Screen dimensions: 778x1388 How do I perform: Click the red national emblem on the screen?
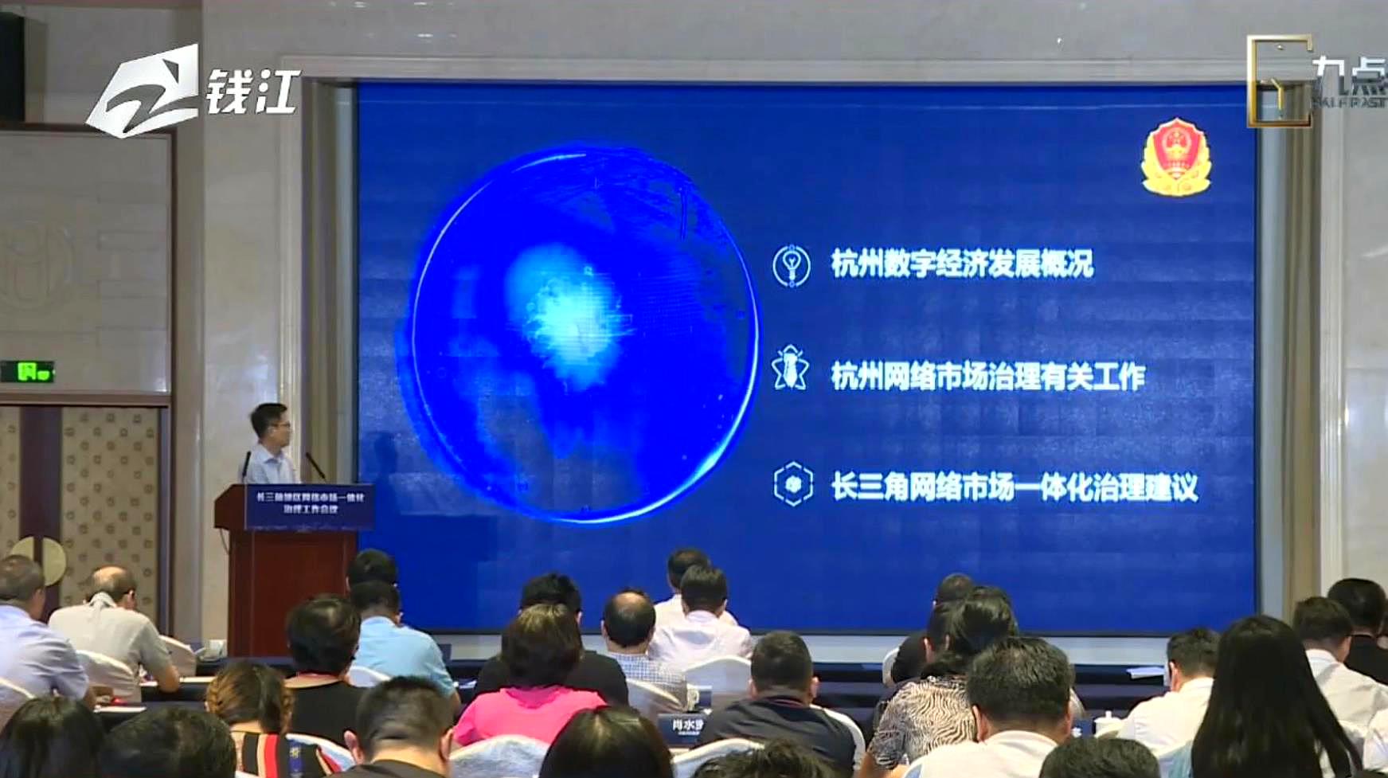[x=1175, y=158]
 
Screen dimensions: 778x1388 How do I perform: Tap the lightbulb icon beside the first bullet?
[x=791, y=265]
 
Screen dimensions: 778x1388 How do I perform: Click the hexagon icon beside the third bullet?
[x=792, y=484]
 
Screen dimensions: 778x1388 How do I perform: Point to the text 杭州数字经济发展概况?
[x=962, y=264]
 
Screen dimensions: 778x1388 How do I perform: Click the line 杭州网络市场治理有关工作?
[x=987, y=376]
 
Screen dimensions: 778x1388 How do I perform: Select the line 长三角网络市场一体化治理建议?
[x=1014, y=487]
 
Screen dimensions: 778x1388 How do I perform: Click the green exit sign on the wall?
[x=27, y=371]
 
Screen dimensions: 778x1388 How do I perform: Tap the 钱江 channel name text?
[x=252, y=92]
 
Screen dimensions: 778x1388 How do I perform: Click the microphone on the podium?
[x=315, y=466]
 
